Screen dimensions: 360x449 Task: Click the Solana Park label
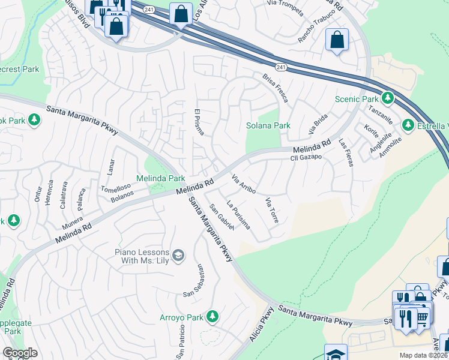268,126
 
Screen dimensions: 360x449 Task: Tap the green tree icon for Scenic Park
388,97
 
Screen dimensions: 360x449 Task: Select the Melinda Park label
160,179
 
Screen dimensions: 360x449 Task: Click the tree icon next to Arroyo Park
211,316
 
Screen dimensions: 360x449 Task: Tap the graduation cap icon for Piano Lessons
178,256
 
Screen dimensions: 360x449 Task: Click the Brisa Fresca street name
276,88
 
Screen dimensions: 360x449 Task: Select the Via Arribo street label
244,184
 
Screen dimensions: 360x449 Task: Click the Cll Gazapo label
307,157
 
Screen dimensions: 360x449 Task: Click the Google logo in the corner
20,353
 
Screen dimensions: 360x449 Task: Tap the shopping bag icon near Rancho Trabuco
337,40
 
